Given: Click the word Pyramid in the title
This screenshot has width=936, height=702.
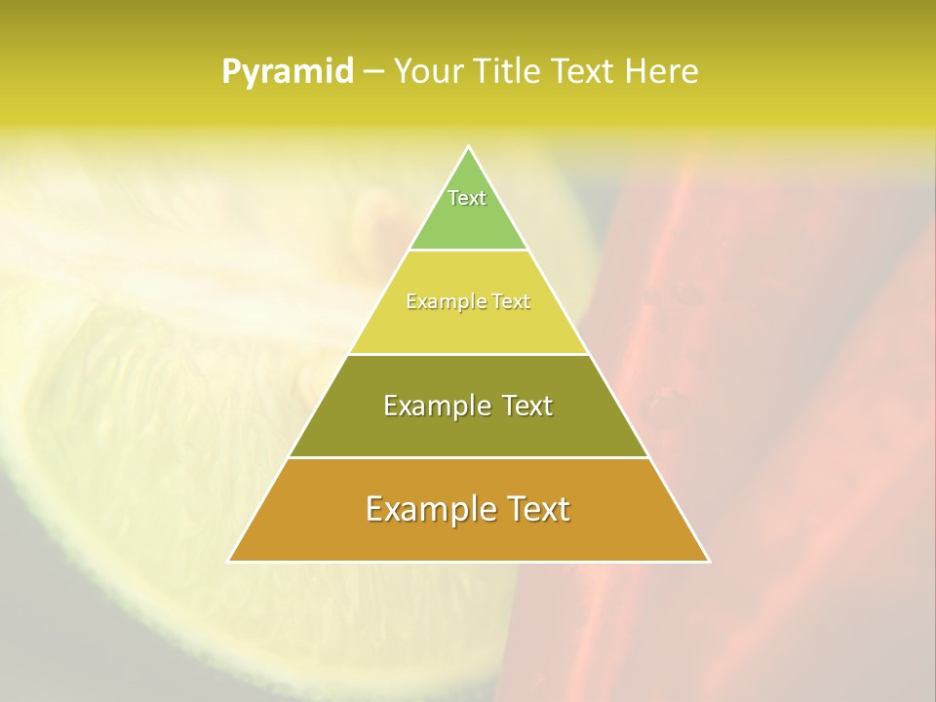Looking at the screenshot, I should coord(288,71).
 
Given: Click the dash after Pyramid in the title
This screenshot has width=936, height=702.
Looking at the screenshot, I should coord(373,72).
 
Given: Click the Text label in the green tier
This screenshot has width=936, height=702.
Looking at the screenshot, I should coord(467,198).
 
